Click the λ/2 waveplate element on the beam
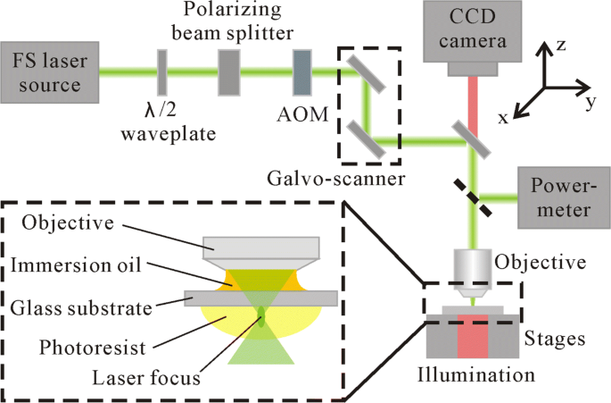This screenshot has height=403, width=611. pos(162,71)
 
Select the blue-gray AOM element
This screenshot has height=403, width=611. pos(303,71)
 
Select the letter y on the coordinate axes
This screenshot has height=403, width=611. pos(590,103)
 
